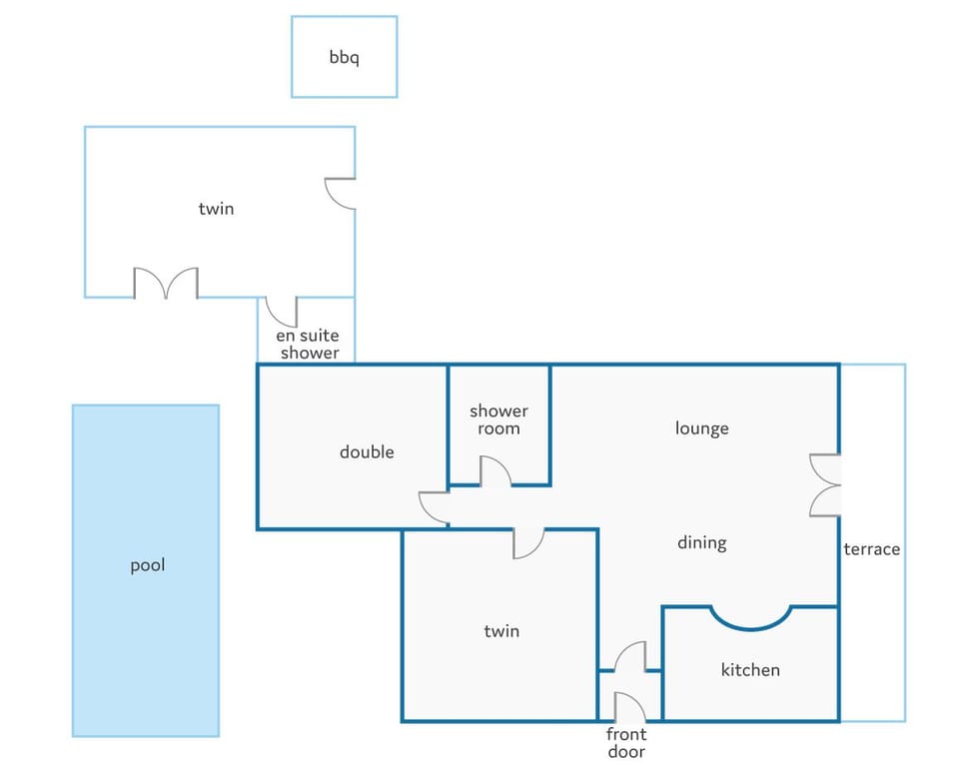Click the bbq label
point(344,58)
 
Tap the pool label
point(148,565)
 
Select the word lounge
point(701,428)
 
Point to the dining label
point(701,542)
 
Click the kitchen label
point(750,670)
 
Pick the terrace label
point(871,549)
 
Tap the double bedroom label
point(367,452)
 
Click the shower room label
point(498,419)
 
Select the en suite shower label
point(308,344)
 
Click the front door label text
point(626,742)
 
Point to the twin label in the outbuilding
point(216,209)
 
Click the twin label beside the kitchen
point(501,630)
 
